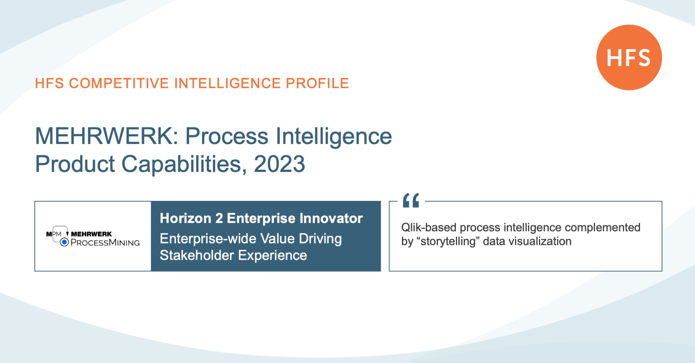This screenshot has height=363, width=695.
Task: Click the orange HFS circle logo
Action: [x=629, y=57]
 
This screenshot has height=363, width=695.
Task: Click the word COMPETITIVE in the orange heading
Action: [x=119, y=83]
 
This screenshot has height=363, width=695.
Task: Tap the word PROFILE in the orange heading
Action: [x=317, y=83]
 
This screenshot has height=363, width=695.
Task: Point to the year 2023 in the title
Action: [x=279, y=164]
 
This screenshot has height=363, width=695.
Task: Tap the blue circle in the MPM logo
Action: [x=64, y=242]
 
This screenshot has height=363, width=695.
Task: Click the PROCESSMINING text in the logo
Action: [x=105, y=242]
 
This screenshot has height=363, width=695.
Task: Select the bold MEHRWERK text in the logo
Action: [x=91, y=234]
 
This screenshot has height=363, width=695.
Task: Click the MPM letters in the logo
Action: [x=54, y=234]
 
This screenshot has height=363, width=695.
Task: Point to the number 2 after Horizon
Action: [x=219, y=218]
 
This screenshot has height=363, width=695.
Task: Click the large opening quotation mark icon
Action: [x=411, y=200]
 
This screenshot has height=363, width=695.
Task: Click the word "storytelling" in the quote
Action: [x=448, y=241]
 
